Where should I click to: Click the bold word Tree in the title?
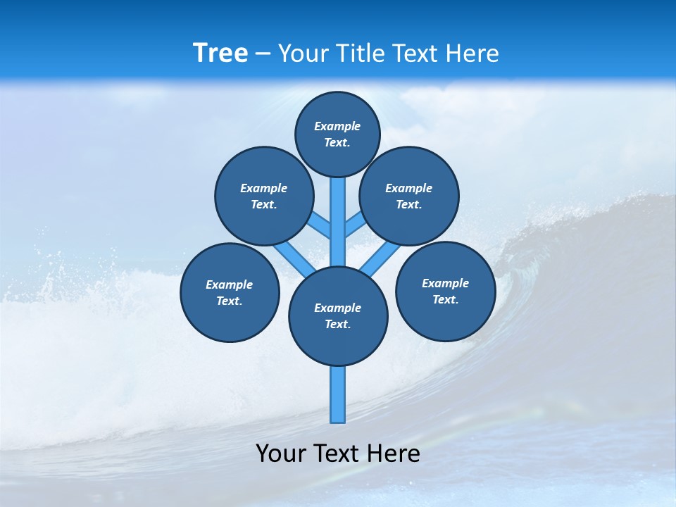[x=220, y=53]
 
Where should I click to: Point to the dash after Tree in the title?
[x=263, y=54]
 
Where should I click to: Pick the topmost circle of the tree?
[x=337, y=134]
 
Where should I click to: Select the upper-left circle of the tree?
[x=264, y=196]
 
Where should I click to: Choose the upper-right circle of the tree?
[x=409, y=196]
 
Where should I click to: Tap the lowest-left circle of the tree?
[x=230, y=292]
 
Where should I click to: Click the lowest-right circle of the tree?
[x=445, y=291]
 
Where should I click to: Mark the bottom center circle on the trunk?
[x=338, y=316]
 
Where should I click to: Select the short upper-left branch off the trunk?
[x=320, y=225]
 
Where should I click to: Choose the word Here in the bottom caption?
[x=394, y=453]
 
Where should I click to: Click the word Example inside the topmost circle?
[x=337, y=126]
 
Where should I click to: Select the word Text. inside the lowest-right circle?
[x=445, y=299]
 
